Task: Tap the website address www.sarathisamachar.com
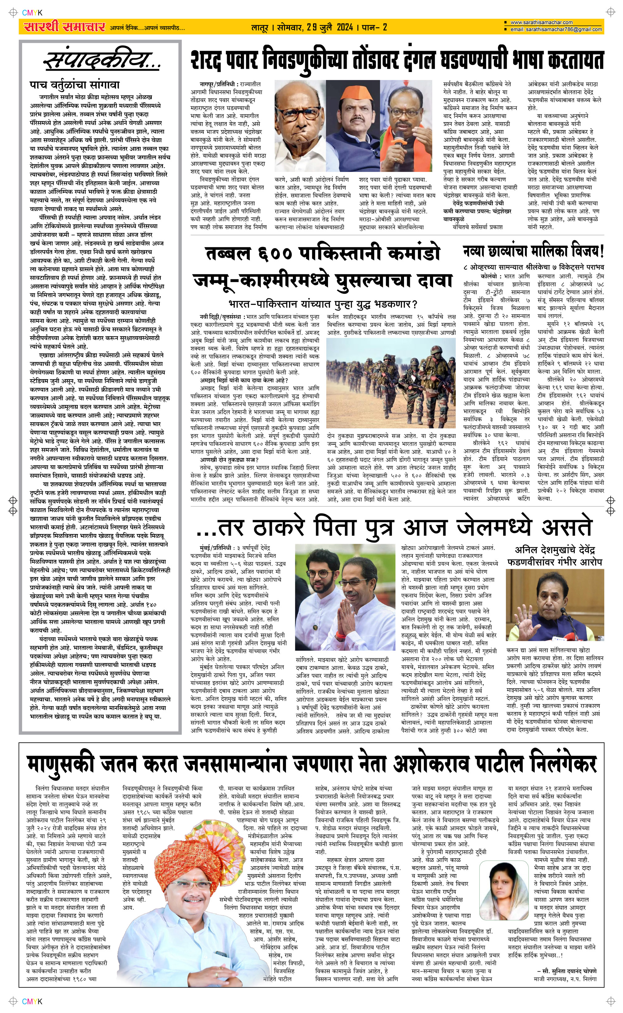(x=541, y=22)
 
